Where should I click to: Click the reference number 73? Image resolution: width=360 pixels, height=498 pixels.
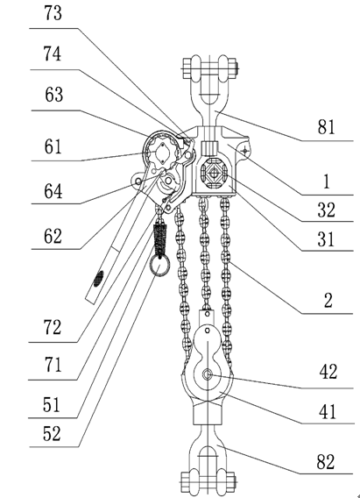click(53, 14)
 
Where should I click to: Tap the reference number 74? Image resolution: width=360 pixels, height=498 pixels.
click(53, 53)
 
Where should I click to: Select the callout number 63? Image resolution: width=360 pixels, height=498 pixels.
click(53, 95)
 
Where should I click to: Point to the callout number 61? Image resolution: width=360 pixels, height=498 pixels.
click(53, 146)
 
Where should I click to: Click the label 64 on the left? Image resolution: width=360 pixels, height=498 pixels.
click(53, 191)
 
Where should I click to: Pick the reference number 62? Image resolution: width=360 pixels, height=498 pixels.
click(53, 236)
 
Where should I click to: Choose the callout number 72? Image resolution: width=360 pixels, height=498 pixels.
click(52, 327)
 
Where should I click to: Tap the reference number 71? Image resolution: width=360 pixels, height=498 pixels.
click(53, 365)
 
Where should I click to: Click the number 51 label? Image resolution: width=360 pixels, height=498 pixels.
click(52, 405)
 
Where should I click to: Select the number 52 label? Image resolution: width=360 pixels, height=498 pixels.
click(52, 433)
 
